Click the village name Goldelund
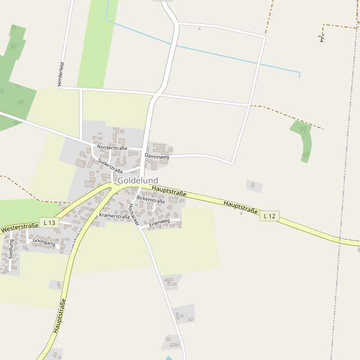(138, 180)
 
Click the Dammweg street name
(157, 156)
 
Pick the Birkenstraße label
(151, 200)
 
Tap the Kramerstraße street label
(115, 214)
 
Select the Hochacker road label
(133, 214)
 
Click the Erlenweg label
(160, 222)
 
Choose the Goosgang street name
(44, 242)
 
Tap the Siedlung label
(11, 248)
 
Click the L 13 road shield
(49, 223)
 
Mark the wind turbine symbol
(322, 38)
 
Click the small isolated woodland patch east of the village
(304, 141)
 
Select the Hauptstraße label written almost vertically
(59, 316)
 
